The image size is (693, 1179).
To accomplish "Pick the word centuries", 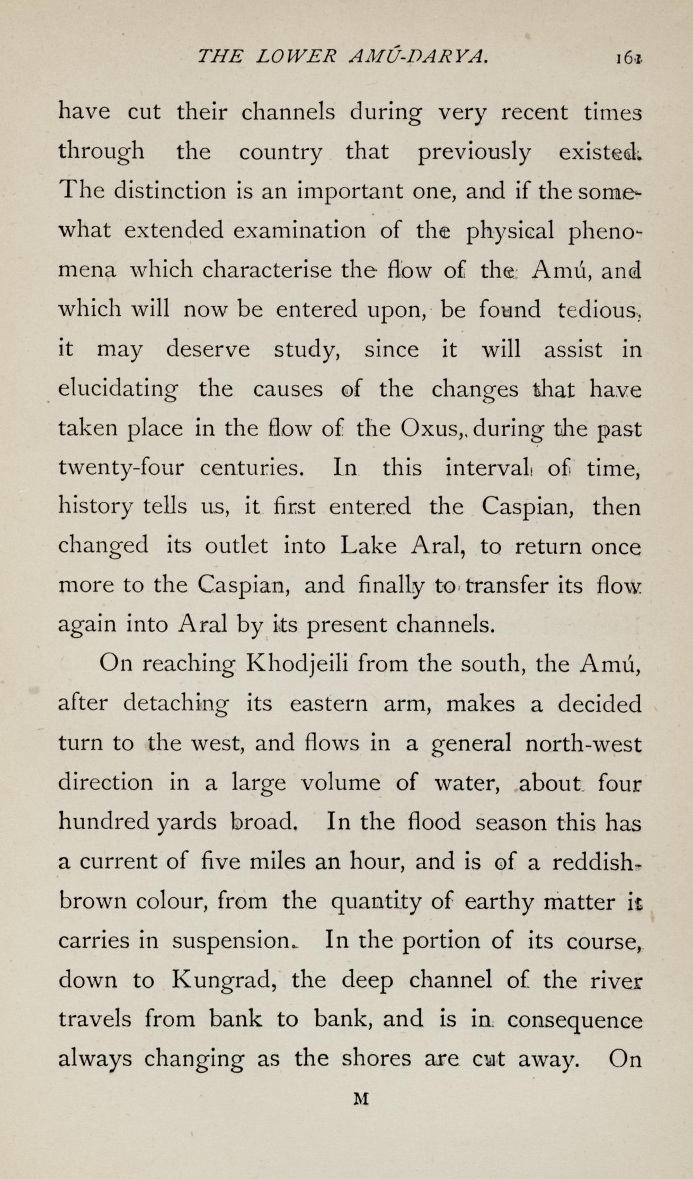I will pos(252,468).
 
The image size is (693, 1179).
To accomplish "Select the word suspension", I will pos(232,942).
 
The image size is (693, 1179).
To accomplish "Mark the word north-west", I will pos(583,744).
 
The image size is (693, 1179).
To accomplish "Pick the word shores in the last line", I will pos(376,1059).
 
